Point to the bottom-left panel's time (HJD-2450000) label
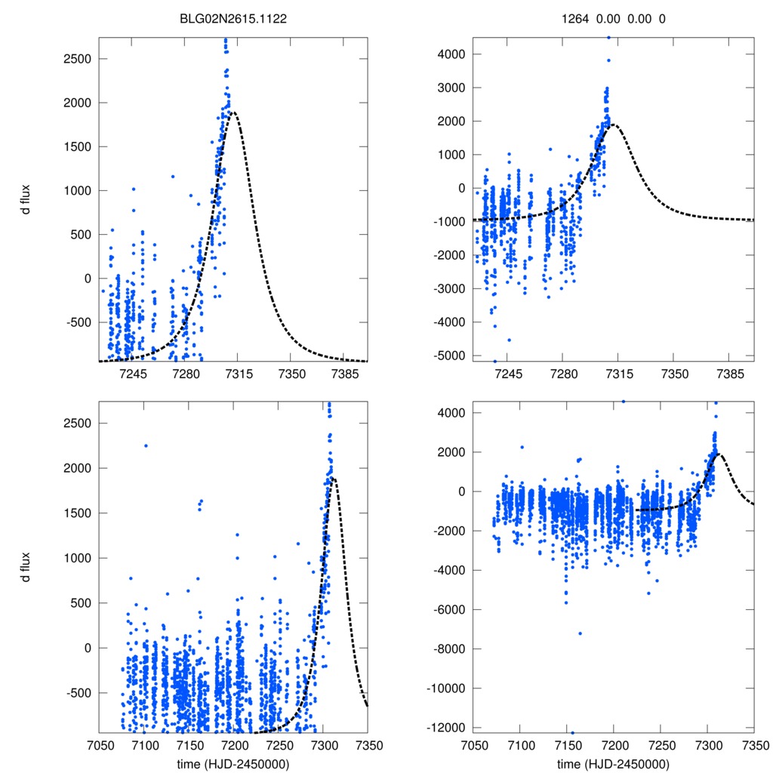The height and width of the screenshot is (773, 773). (x=233, y=764)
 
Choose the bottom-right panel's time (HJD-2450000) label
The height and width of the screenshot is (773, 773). (x=613, y=764)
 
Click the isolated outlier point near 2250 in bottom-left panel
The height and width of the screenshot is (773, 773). (x=146, y=445)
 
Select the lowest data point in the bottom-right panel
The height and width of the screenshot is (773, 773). (x=573, y=732)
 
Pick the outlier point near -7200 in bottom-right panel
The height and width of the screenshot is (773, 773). (x=580, y=633)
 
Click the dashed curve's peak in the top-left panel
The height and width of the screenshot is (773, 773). (x=233, y=112)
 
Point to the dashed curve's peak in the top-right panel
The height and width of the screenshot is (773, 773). (x=614, y=125)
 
